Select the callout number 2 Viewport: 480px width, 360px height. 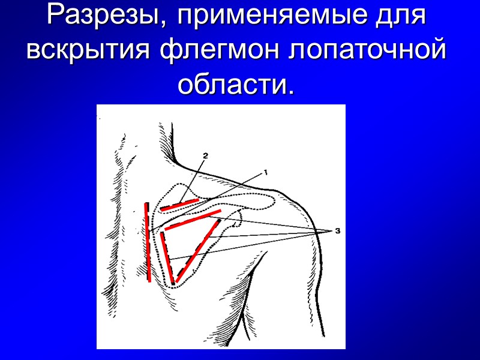point(205,155)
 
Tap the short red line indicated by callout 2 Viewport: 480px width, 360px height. point(179,205)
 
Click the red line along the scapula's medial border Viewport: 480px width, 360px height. point(167,257)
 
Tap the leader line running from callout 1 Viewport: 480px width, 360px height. point(240,183)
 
